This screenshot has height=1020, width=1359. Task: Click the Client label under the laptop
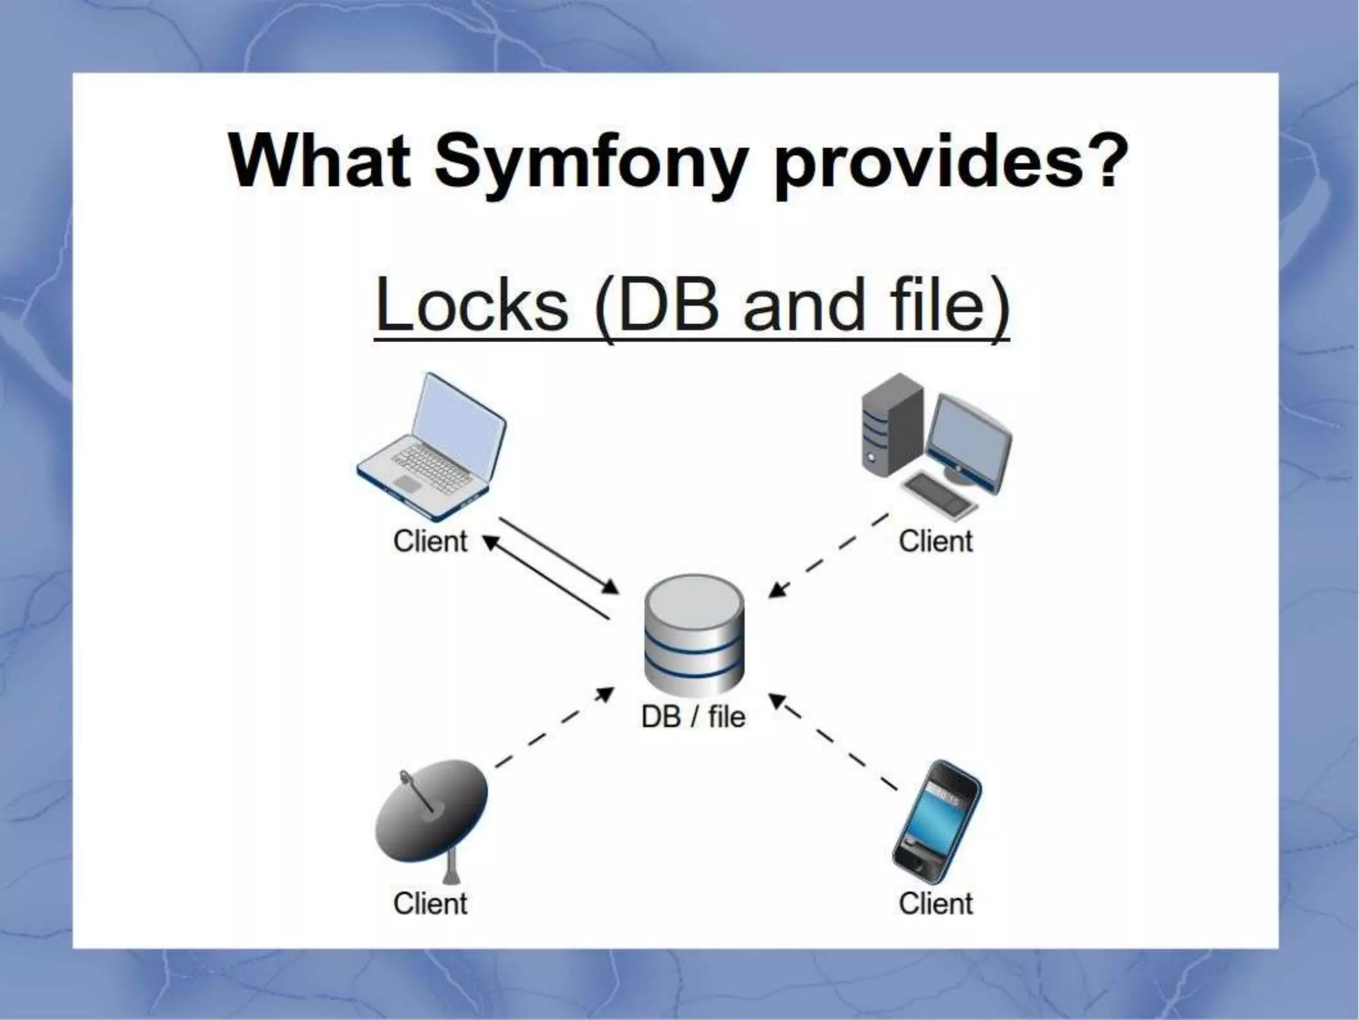pos(430,541)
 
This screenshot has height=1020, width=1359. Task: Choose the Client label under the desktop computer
pos(935,541)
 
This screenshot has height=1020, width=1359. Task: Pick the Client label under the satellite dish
pos(430,904)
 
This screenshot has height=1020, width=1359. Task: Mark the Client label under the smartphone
pos(935,904)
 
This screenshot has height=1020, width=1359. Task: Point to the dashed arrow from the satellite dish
pos(554,728)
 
